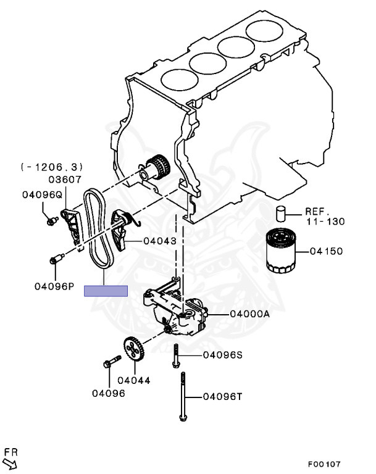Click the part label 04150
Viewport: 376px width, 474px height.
click(x=327, y=252)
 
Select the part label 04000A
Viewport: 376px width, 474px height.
click(x=250, y=314)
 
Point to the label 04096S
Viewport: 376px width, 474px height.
click(x=224, y=355)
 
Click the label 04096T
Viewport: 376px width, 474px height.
click(x=224, y=396)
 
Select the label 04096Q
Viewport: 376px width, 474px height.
click(x=42, y=194)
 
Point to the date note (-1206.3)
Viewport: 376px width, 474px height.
click(x=52, y=167)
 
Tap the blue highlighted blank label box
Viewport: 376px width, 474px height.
click(x=106, y=291)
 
